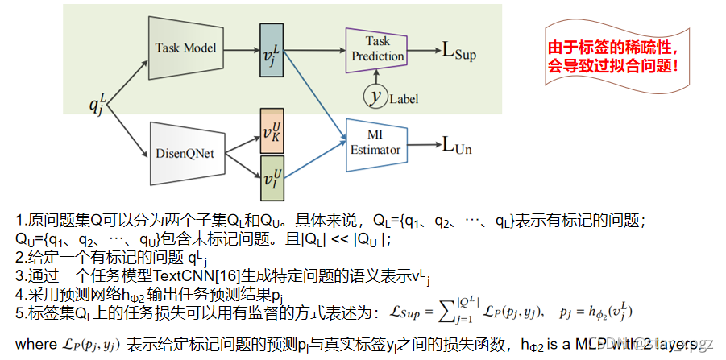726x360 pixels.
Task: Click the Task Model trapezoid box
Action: pyautogui.click(x=186, y=48)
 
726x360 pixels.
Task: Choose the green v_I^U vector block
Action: pyautogui.click(x=272, y=175)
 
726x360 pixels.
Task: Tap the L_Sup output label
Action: pyautogui.click(x=459, y=52)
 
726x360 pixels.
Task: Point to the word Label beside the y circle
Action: pyautogui.click(x=404, y=100)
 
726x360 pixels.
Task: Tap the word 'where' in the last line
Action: pyautogui.click(x=34, y=345)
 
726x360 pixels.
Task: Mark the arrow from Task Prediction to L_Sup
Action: pyautogui.click(x=424, y=51)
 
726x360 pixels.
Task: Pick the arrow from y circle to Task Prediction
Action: pyautogui.click(x=374, y=77)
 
